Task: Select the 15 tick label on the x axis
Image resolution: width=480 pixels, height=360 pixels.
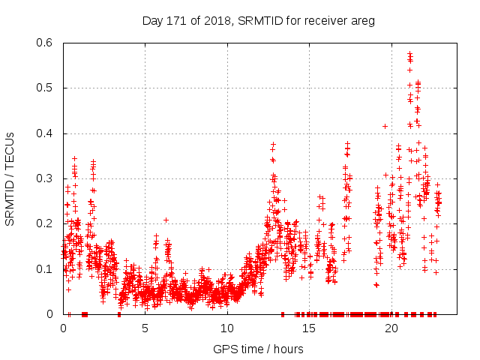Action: (308, 328)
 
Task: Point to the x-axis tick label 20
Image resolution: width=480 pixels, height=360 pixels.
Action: (390, 328)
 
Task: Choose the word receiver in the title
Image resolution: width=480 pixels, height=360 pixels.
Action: (320, 21)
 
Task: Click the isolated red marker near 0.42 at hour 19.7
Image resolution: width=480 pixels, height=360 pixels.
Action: (385, 126)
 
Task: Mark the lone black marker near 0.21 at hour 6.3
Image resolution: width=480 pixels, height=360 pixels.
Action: (166, 220)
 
